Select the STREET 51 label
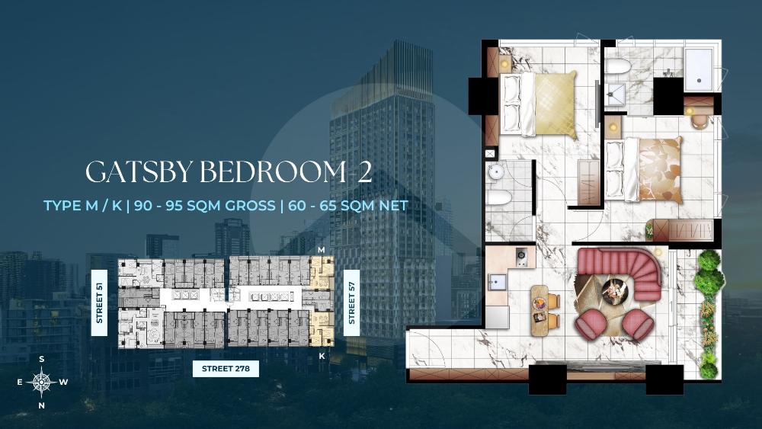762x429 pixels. point(97,303)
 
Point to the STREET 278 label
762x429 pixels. point(226,370)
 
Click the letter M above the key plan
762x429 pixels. point(322,250)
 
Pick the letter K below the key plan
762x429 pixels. point(322,355)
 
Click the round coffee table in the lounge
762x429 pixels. point(614,290)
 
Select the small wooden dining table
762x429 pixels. point(540,309)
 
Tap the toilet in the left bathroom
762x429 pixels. point(499,200)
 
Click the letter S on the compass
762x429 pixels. point(41,358)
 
